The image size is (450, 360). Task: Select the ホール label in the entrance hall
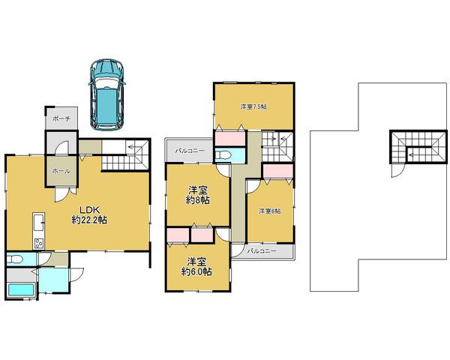click(x=61, y=171)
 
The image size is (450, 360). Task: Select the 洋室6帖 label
click(x=270, y=211)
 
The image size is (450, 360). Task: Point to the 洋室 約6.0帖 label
click(x=197, y=266)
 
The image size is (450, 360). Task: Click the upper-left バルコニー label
click(x=188, y=151)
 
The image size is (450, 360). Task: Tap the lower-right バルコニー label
click(x=259, y=250)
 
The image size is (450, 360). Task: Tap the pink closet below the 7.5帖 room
click(x=229, y=138)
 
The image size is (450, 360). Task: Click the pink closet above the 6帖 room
click(x=277, y=170)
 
